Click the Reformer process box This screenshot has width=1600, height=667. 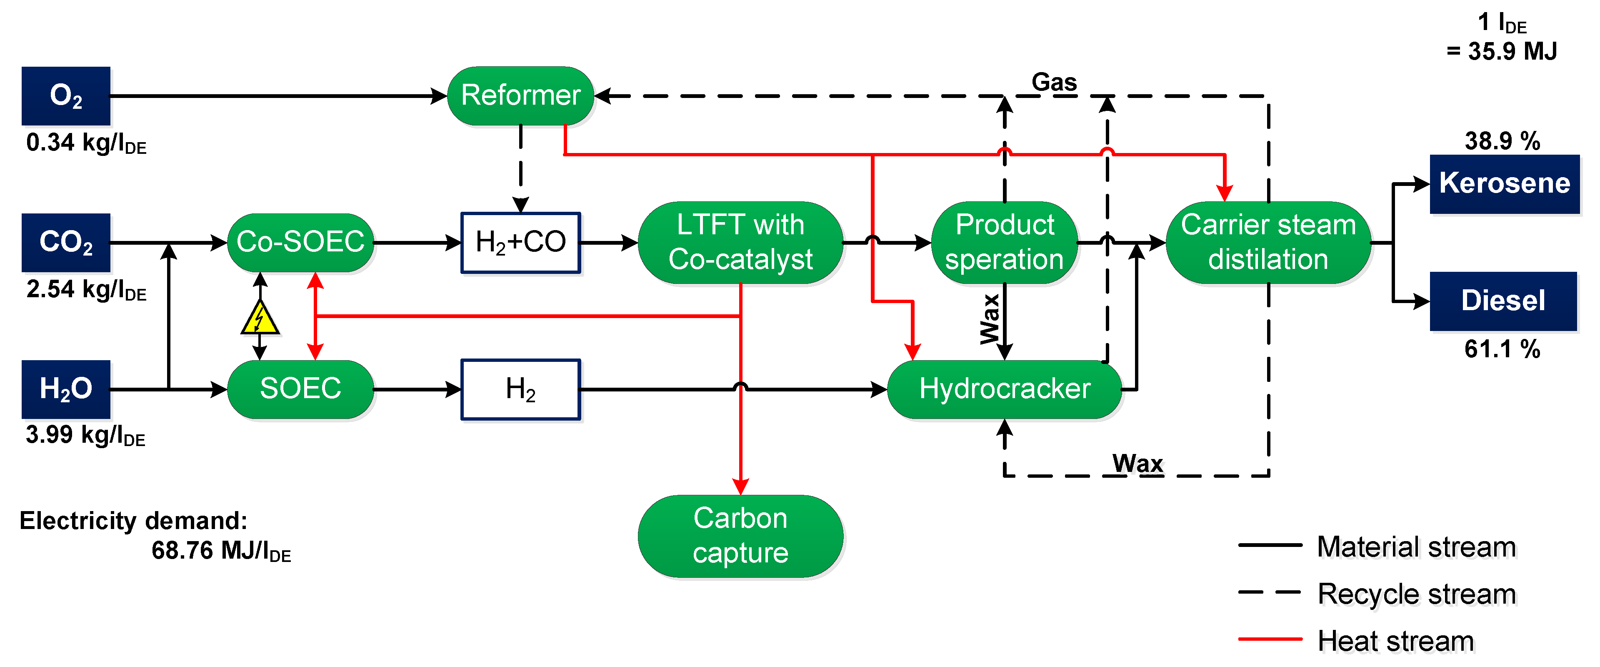point(520,96)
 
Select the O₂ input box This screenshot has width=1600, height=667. point(66,96)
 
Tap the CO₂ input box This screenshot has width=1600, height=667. point(66,243)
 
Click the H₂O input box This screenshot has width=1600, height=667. point(66,389)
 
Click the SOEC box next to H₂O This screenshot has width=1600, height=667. point(300,389)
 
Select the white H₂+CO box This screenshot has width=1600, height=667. point(520,243)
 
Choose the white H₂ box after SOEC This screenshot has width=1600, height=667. point(520,389)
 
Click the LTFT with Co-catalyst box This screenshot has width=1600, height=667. point(740,243)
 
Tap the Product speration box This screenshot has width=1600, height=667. point(1004,243)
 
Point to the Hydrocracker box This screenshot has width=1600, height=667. point(1004,389)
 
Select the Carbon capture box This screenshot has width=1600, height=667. point(740,536)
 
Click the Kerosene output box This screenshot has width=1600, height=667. point(1504,184)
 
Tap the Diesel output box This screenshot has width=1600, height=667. point(1503,301)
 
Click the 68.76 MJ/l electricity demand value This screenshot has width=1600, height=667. point(220,551)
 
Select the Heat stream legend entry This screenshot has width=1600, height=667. point(1395,641)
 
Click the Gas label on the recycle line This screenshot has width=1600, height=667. point(1054,82)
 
